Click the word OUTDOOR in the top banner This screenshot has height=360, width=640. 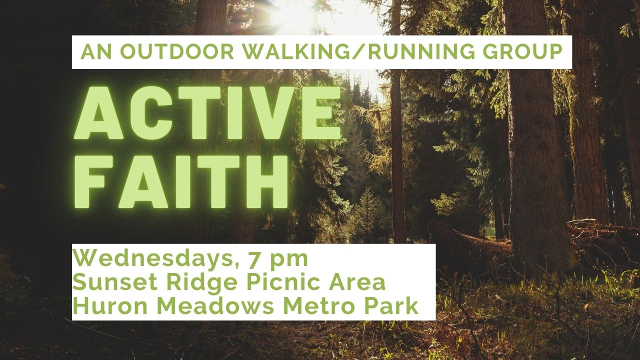(x=179, y=52)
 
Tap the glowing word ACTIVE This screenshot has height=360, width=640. (x=208, y=113)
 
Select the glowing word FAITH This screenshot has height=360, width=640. (x=181, y=181)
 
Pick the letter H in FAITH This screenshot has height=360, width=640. (x=264, y=181)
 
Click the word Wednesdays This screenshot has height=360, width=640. (x=152, y=259)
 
